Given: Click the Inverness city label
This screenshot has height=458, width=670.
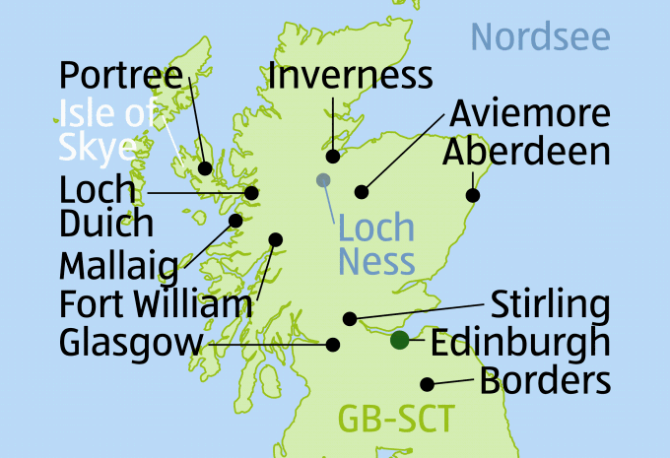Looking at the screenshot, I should [350, 75].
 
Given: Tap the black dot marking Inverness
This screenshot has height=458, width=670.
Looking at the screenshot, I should [333, 156].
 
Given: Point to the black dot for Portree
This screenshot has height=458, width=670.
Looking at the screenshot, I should [205, 168].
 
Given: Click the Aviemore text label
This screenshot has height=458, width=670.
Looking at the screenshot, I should [530, 113].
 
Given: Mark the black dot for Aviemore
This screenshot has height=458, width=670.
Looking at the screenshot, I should [362, 191].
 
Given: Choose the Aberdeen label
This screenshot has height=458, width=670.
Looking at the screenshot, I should [526, 152].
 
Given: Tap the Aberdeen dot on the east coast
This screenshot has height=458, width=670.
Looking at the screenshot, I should [472, 195].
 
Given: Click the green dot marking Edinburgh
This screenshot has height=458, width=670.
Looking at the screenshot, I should [399, 341].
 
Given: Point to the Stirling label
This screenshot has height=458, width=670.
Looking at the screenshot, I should [550, 304].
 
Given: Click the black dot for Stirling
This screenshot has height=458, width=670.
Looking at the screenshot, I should [349, 318].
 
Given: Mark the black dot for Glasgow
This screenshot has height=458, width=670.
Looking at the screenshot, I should [333, 345].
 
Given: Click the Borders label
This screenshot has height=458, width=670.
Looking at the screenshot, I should [545, 380].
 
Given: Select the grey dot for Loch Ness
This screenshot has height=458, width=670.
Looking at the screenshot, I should [322, 179].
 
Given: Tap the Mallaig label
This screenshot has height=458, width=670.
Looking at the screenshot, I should [119, 264].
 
